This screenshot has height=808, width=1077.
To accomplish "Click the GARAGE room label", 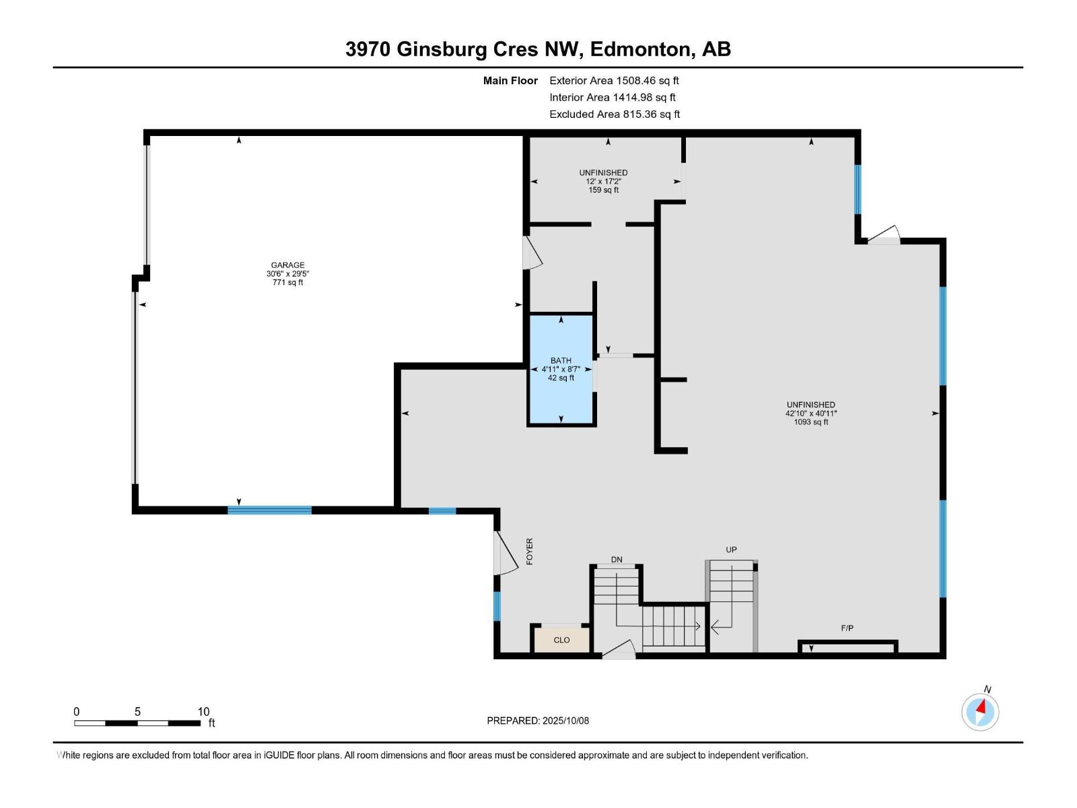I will pos(287,265).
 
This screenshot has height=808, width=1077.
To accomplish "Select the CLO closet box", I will pos(561,640).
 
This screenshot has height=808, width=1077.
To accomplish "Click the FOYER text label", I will pos(530,551).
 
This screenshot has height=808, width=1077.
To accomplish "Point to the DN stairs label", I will pos(617,560).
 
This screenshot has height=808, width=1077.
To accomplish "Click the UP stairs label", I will pos(731,550).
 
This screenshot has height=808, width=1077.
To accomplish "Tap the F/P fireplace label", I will pos(847,628).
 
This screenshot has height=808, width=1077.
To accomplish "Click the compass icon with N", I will pos(980,711).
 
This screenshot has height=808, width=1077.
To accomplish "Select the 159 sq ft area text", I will pos(603,191).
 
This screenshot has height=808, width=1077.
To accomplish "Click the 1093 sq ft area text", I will pos(810,422).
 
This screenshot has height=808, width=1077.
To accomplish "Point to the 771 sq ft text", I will pos(287,283).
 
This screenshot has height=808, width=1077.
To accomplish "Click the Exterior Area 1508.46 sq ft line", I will pos(614,81).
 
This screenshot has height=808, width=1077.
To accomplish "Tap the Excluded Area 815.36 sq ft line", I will pos(614,114).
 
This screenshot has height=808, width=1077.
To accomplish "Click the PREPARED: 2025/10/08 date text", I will pos(538,720).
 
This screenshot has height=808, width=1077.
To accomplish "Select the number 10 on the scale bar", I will pos(203,712).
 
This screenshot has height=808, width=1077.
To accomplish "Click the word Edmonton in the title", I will pos(644,49).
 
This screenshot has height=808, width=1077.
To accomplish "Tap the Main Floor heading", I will pos(510,81).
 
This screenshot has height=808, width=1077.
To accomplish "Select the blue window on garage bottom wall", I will pos(269,510).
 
